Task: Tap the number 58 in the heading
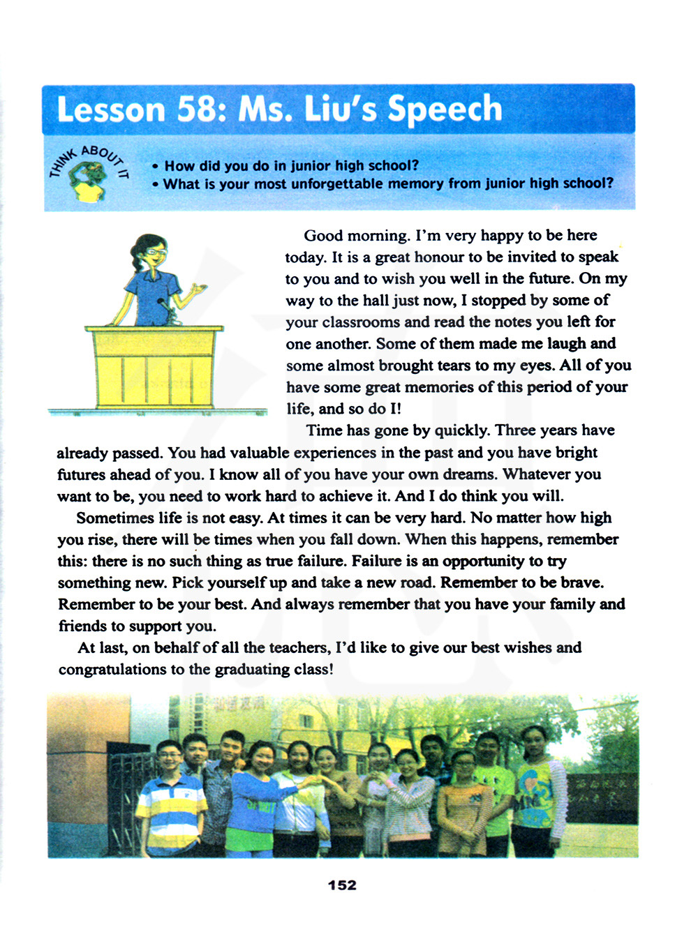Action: click(202, 110)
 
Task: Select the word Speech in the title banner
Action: click(445, 110)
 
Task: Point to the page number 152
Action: click(342, 885)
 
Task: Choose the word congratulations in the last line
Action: click(113, 669)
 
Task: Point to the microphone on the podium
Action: click(166, 310)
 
